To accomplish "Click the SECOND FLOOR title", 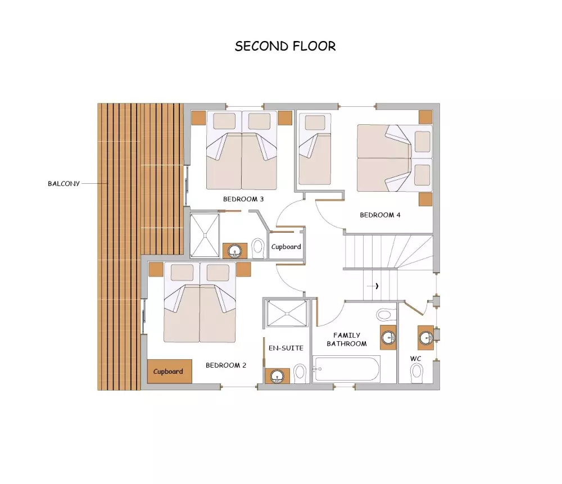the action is [x=285, y=46].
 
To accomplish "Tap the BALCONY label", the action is [x=64, y=184].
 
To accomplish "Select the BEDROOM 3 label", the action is [x=243, y=199].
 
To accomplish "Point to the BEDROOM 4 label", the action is [x=380, y=215].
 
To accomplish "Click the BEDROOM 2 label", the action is [x=226, y=365].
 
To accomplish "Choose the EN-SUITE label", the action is [x=286, y=348].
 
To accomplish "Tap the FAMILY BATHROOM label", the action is [x=347, y=340].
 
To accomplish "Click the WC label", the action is [x=416, y=359].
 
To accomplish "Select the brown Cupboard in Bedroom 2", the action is [x=170, y=372].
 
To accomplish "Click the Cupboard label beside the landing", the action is [x=286, y=247].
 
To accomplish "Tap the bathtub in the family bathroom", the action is [x=346, y=369].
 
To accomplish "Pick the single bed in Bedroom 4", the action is [x=315, y=149].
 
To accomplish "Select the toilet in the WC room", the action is [x=416, y=372].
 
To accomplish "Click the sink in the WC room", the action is [x=426, y=337].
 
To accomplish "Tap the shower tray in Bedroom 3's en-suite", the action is [x=205, y=235].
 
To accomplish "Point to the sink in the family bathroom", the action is [x=388, y=337].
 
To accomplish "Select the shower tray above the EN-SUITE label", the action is [x=287, y=313].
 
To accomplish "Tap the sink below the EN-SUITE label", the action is [x=277, y=376].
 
